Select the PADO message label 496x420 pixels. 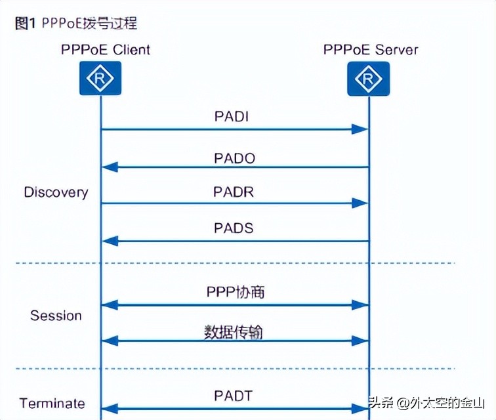tap(234, 158)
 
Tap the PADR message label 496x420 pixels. tap(234, 192)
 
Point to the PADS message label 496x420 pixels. tap(234, 229)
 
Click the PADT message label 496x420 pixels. tap(234, 396)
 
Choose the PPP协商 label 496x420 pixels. tap(234, 292)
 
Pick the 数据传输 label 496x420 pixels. tap(234, 331)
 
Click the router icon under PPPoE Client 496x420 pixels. tap(100, 79)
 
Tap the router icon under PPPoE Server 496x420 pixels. tap(368, 79)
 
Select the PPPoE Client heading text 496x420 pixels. tap(105, 49)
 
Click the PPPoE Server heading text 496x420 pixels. tap(371, 49)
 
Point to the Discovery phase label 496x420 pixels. tap(56, 192)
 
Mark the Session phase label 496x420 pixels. tap(56, 316)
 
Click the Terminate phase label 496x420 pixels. tap(52, 403)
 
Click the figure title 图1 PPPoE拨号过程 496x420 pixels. tap(75, 24)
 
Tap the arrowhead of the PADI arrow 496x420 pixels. tap(360, 130)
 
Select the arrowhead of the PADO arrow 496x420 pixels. tap(110, 167)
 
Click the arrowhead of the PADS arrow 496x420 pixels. tap(110, 241)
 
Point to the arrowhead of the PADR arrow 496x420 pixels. tap(360, 204)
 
